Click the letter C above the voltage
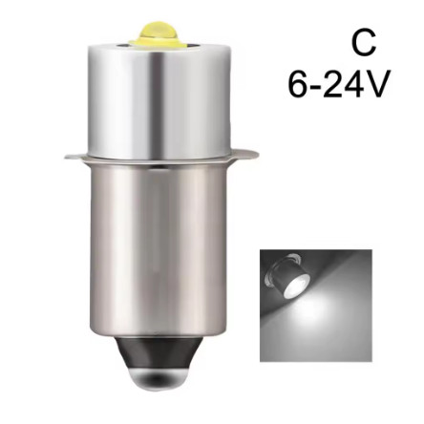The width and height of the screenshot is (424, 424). pyautogui.click(x=364, y=43)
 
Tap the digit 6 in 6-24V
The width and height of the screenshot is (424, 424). pyautogui.click(x=298, y=84)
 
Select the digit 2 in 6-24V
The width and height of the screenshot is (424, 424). pyautogui.click(x=332, y=84)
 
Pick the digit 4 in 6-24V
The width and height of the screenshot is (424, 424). pyautogui.click(x=352, y=84)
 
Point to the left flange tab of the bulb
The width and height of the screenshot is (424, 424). pyautogui.click(x=76, y=157)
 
